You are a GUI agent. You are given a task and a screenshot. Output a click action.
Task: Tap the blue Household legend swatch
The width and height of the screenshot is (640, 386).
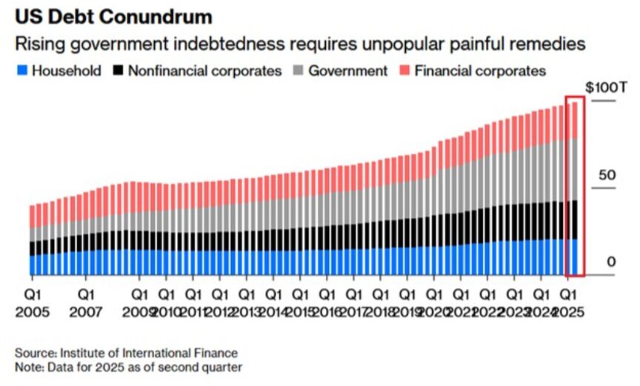pyautogui.click(x=21, y=71)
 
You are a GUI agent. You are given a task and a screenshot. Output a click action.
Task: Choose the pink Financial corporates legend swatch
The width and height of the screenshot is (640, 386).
pyautogui.click(x=404, y=71)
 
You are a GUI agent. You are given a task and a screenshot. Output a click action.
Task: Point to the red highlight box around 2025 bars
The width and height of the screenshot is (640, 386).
pyautogui.click(x=575, y=97)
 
